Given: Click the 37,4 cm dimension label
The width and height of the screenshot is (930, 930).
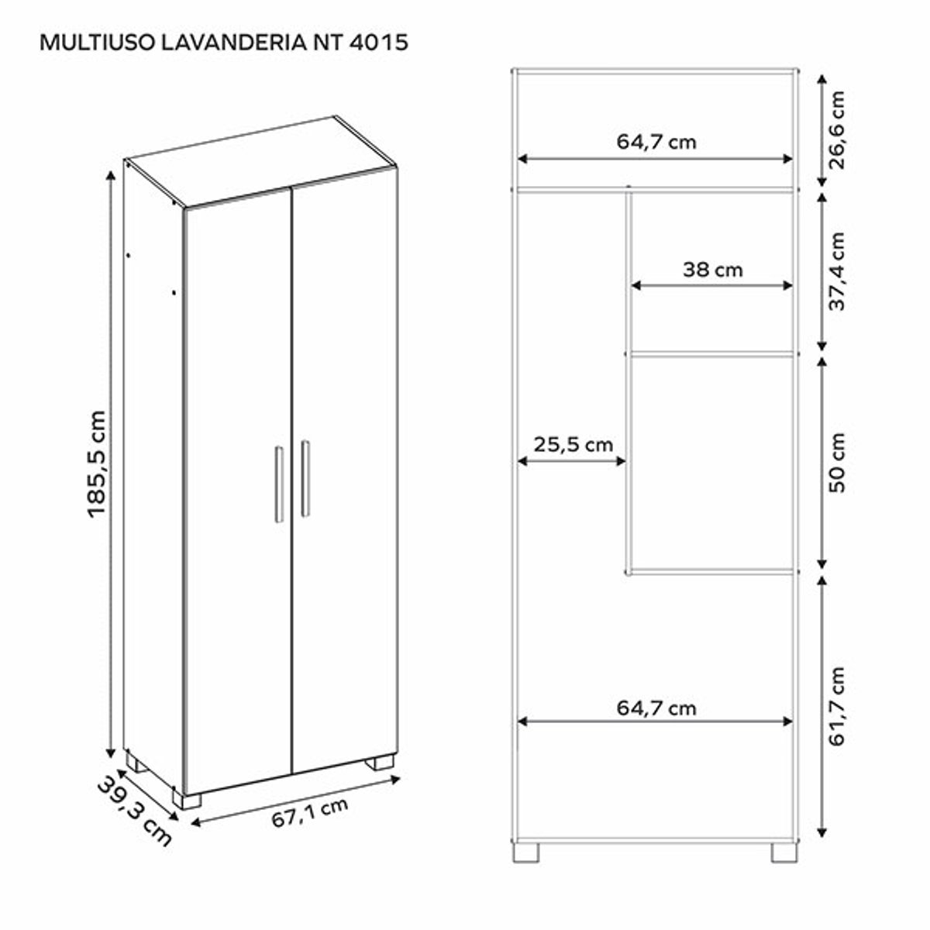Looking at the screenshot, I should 836,270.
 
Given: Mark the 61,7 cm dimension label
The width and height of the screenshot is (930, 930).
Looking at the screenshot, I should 836,705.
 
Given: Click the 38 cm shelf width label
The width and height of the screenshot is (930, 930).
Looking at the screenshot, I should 712,270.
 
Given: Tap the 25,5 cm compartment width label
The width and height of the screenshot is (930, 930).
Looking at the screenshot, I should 573,445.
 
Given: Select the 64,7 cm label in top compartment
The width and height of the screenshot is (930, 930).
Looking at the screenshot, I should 656,142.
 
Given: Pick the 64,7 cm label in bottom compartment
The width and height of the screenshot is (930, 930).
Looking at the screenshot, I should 656,708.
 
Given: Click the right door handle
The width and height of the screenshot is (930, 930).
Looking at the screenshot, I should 305,478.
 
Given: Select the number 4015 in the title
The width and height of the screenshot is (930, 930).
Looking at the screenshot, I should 379,42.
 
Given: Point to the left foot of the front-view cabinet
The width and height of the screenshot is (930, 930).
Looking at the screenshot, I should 526,852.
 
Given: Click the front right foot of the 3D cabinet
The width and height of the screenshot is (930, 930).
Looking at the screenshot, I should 381,763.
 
